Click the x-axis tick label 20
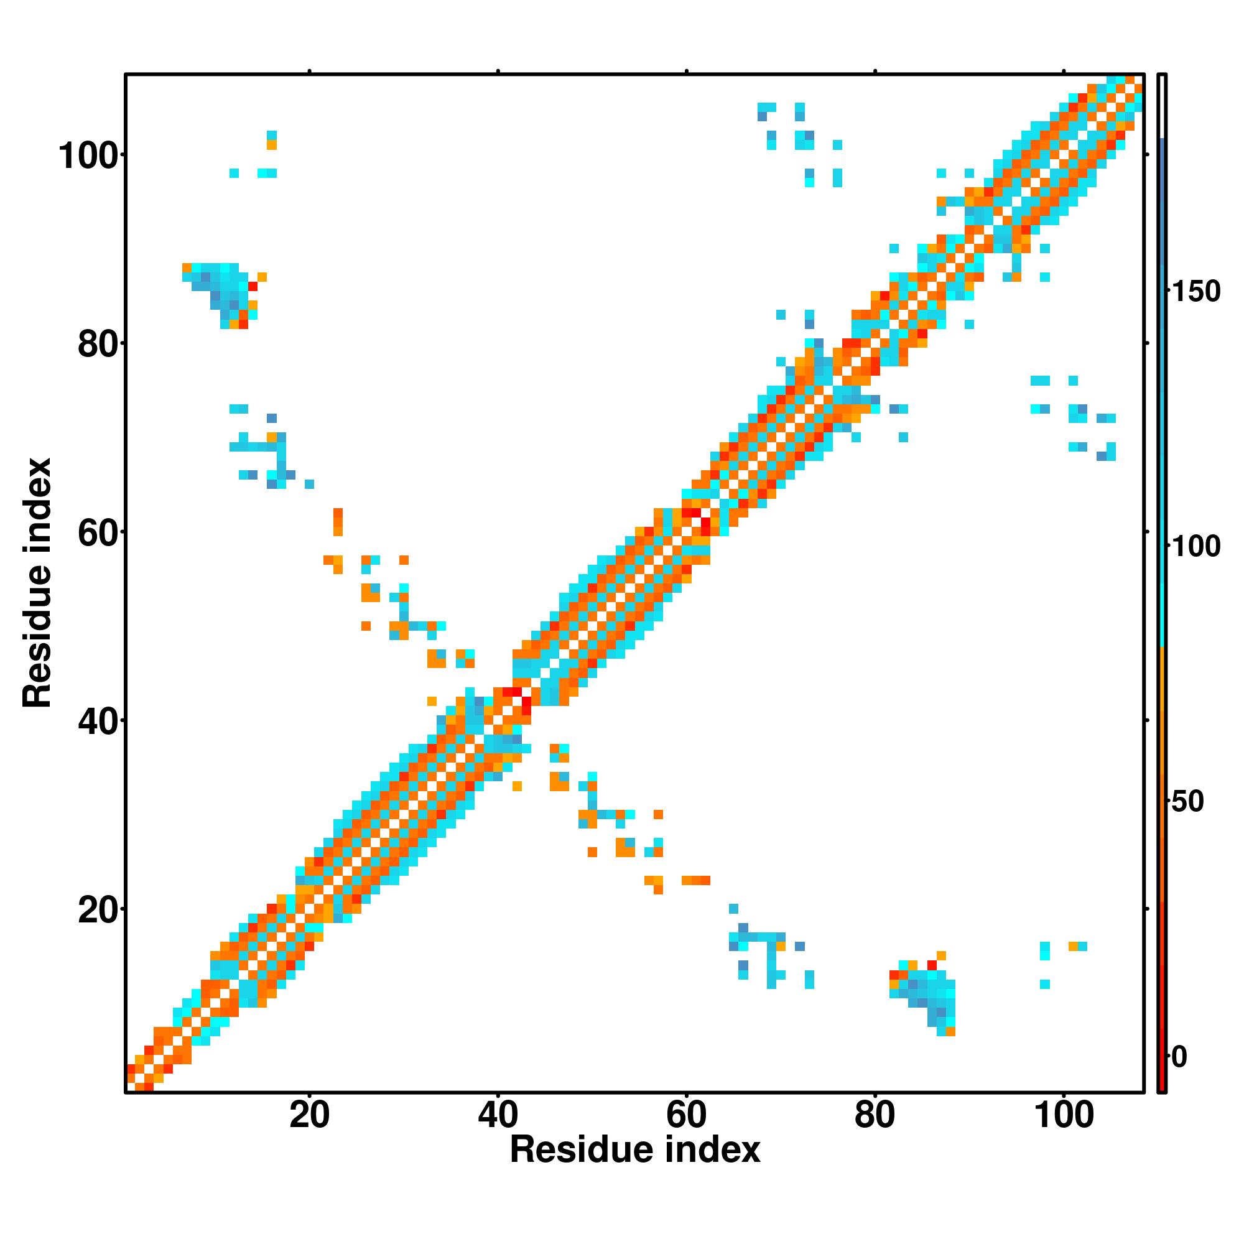(x=309, y=1115)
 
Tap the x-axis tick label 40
(x=498, y=1115)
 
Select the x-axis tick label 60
(x=687, y=1115)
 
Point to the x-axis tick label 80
(x=875, y=1115)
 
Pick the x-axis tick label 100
(x=1063, y=1115)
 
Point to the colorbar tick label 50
(x=1187, y=802)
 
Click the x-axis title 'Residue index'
(x=635, y=1150)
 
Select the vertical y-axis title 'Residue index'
(x=37, y=583)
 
